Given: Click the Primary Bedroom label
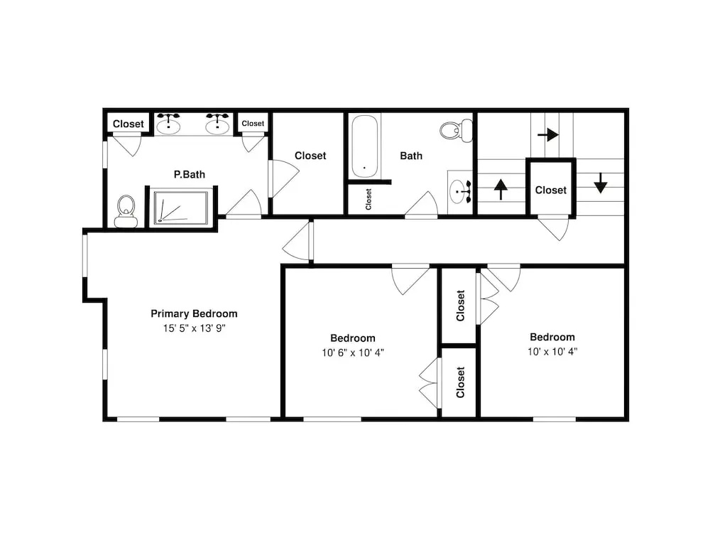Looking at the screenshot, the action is point(194,313).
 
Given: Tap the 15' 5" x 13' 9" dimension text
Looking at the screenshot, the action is point(195,328).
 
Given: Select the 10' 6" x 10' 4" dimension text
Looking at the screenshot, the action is point(353,352).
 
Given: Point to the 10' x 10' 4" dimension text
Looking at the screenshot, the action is point(552,351).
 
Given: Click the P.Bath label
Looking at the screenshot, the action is point(190,175).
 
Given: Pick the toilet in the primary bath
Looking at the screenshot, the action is point(126,211).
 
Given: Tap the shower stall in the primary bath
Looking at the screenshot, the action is point(181,207).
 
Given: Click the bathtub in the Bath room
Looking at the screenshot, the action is point(364,146).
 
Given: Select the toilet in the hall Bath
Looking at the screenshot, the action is point(456,131).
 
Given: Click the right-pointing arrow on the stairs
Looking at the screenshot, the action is point(548,134).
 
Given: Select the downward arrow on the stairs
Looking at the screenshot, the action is point(601,183).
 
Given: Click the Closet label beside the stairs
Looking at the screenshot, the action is point(551,190).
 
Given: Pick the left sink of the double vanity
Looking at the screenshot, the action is point(168,124).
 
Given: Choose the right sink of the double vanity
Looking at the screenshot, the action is point(217,124).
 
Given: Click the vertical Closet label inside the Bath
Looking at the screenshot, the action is point(368,200).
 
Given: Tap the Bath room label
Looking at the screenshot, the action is point(411,156).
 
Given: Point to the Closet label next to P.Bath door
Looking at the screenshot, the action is point(310,156).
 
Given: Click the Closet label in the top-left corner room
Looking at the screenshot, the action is point(128,124).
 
